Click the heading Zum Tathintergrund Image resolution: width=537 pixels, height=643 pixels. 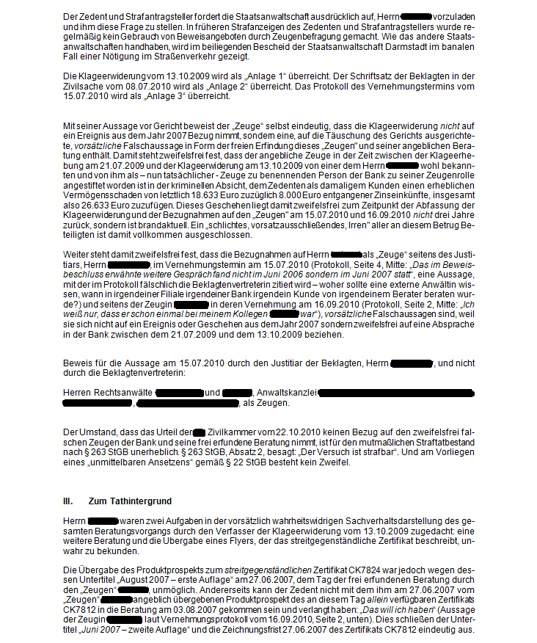[x=130, y=501]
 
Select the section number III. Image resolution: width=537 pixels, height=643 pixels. [x=67, y=501]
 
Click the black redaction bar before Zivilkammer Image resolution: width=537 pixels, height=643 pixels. [x=198, y=433]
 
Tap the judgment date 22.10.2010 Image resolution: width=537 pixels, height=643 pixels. [x=280, y=433]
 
